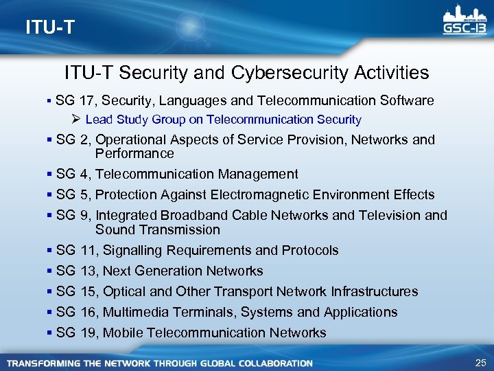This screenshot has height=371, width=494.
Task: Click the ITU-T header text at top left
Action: click(49, 27)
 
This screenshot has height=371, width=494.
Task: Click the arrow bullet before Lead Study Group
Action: click(76, 120)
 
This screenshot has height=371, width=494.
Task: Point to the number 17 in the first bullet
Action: click(87, 101)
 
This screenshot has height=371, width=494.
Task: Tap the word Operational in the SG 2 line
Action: click(130, 140)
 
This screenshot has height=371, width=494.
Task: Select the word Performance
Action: click(134, 153)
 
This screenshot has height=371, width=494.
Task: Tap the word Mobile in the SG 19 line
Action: click(123, 333)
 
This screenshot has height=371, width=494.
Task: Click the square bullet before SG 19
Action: click(50, 333)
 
